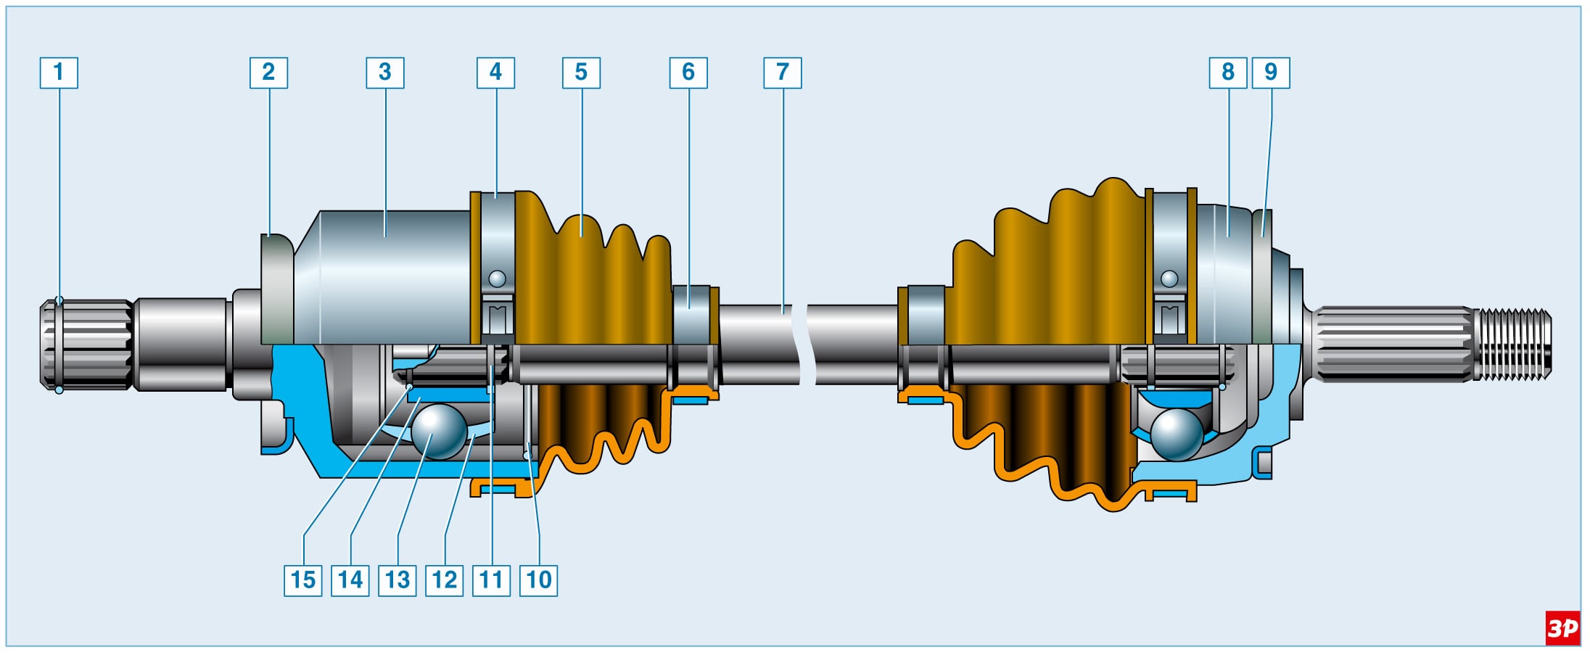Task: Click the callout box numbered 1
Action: click(x=59, y=73)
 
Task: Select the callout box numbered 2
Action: click(x=268, y=73)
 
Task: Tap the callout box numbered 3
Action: click(x=385, y=73)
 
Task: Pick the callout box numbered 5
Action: click(x=581, y=73)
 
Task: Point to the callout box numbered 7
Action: click(x=783, y=73)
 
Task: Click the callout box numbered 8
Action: click(x=1228, y=73)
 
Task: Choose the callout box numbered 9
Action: click(x=1271, y=73)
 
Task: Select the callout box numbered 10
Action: click(x=539, y=580)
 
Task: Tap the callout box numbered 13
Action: click(x=397, y=580)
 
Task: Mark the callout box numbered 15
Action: click(x=303, y=580)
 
